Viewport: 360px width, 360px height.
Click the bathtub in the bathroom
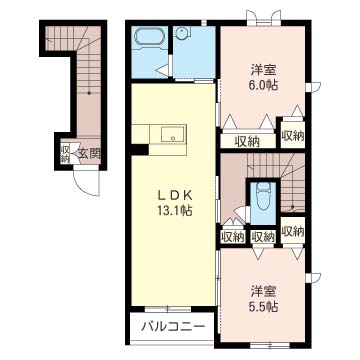pos(152,41)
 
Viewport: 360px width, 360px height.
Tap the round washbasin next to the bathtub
pos(182,32)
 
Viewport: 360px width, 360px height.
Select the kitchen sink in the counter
pos(168,134)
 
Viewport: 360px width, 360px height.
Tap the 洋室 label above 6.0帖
pos(264,70)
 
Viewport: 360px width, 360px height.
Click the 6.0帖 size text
pos(264,86)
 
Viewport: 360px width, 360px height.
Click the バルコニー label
pos(166,326)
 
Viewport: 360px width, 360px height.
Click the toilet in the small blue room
pos(261,194)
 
